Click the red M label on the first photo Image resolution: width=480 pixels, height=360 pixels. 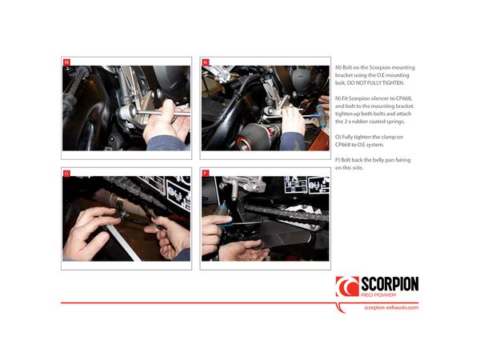pos(66,62)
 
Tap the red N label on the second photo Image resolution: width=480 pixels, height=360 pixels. pos(206,62)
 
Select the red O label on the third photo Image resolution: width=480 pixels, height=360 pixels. pos(66,174)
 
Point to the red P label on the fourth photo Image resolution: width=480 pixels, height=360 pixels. pos(206,174)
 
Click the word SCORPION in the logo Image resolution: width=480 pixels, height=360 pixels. pos(390,284)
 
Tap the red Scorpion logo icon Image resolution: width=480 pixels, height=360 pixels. pos(347,286)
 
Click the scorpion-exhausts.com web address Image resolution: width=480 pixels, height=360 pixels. pos(391,307)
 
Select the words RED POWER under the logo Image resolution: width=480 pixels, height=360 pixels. pos(378,294)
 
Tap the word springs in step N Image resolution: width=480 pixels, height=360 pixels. pos(394,122)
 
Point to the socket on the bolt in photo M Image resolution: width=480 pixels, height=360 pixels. pos(127,114)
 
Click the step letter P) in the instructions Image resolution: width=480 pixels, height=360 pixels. pos(338,160)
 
